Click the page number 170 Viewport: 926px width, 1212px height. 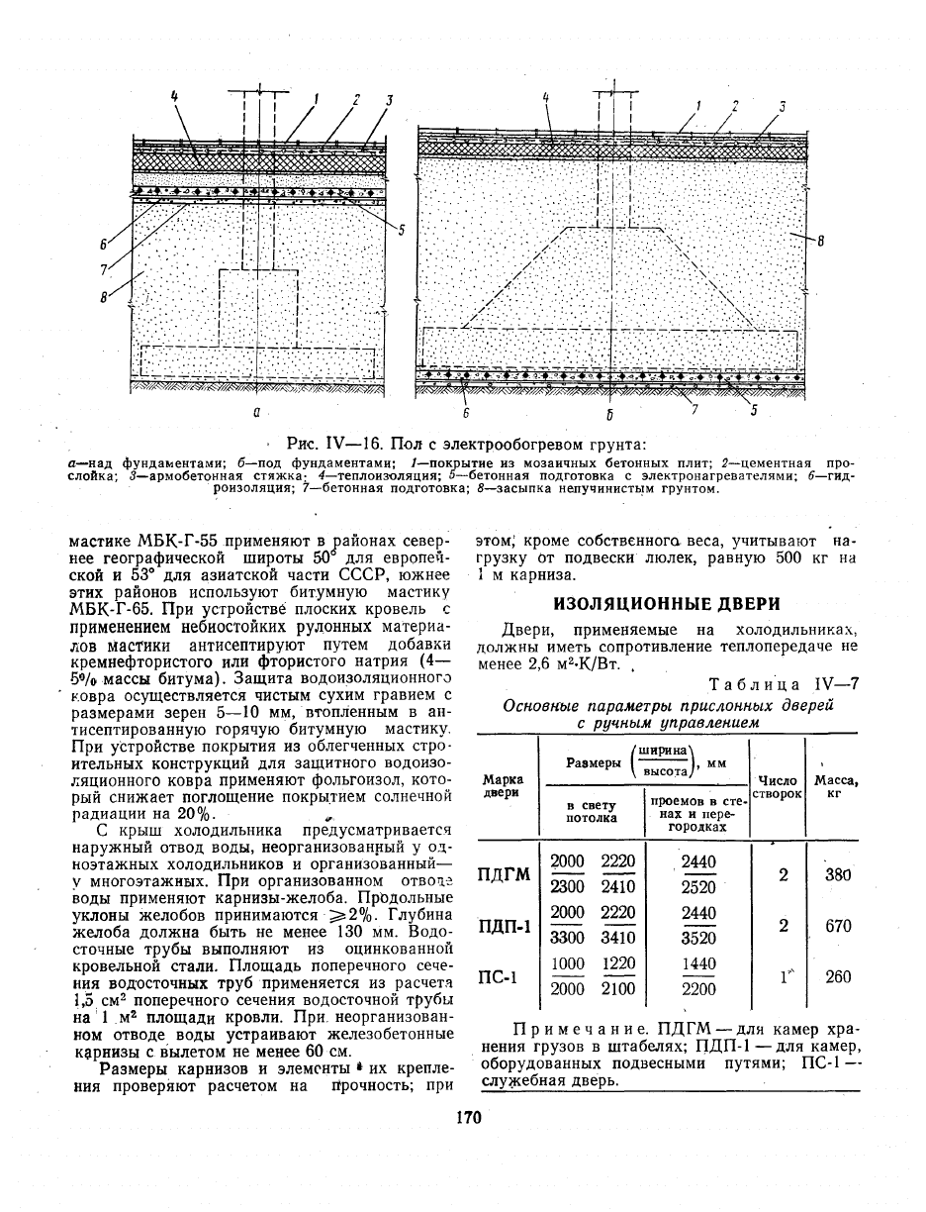point(468,1118)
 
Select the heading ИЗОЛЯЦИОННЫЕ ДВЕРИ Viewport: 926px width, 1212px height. point(667,603)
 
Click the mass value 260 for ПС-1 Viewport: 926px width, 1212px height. point(838,977)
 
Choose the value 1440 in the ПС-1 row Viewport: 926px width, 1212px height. point(697,963)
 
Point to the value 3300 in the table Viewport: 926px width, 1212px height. point(567,938)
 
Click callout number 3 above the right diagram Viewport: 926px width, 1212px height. point(782,107)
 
